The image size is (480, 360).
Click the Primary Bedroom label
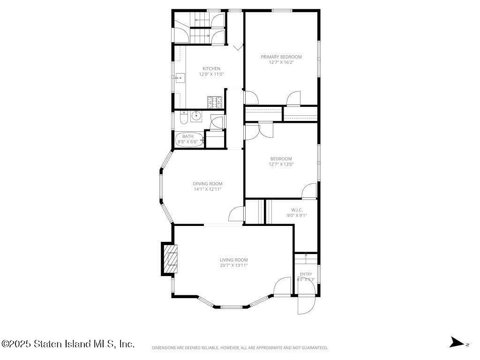point(281,57)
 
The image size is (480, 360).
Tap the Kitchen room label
point(211,68)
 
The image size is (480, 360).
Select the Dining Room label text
point(207,184)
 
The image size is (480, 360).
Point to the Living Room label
point(233,260)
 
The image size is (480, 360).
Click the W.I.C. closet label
point(297,210)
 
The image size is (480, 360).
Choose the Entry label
point(306,274)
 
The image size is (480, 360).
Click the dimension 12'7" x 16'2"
point(281,62)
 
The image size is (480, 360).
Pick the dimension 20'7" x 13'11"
point(233,265)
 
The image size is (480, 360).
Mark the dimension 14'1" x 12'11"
point(207,189)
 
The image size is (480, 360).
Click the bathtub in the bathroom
point(190,139)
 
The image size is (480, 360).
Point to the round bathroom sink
point(196,115)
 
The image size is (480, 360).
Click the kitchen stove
point(215,102)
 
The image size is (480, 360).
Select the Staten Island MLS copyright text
point(68,344)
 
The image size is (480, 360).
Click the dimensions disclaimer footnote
point(240,348)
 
